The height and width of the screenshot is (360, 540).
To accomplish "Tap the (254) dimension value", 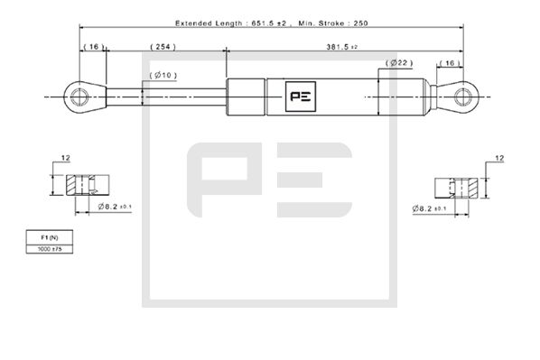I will click(162, 45).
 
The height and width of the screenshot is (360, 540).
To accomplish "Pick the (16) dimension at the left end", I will click(92, 45).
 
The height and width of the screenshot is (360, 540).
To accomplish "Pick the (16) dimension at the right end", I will click(450, 62).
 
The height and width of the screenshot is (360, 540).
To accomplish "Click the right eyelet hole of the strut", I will click(464, 93).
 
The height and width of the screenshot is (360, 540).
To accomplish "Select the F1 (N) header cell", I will click(46, 236).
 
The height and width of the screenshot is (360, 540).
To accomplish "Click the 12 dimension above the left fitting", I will click(66, 159).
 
